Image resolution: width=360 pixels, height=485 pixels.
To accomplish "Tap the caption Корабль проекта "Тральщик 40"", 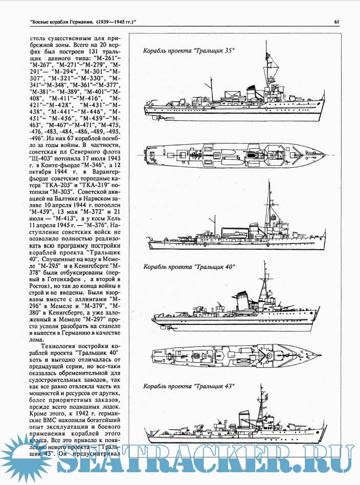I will click(x=189, y=267).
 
